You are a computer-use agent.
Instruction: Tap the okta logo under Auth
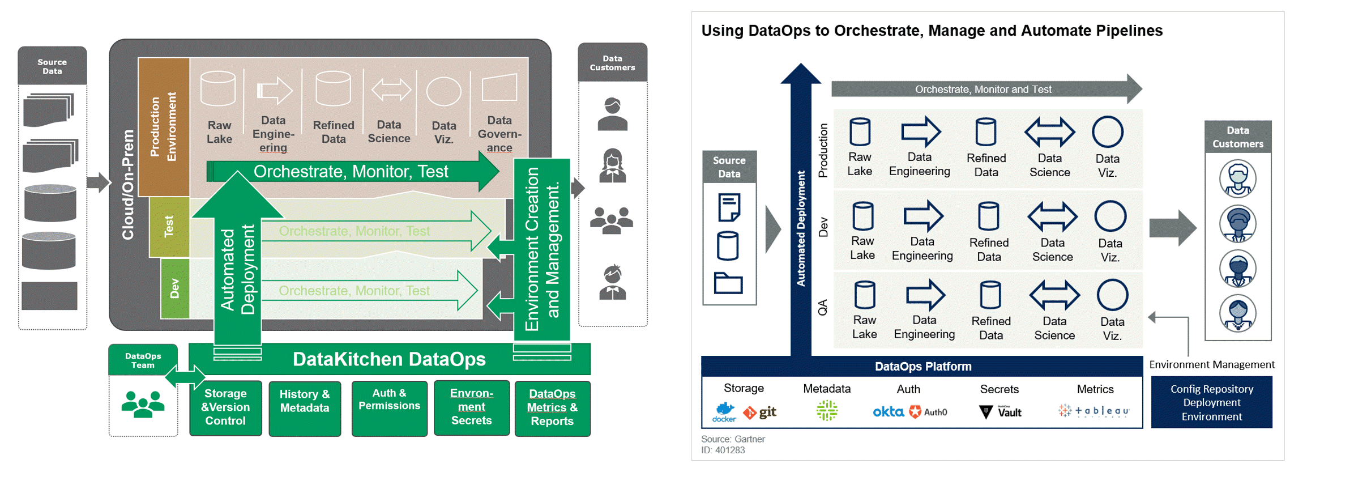click(887, 412)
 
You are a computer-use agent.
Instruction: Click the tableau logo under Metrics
click(1094, 411)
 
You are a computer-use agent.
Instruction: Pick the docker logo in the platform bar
click(724, 412)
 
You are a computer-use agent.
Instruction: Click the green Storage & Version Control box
click(225, 407)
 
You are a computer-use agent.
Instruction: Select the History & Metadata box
click(305, 407)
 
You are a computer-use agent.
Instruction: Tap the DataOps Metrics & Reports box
click(552, 407)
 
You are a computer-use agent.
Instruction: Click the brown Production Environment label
click(163, 127)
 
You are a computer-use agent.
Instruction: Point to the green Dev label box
click(174, 288)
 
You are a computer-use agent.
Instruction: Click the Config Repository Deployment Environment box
click(1211, 402)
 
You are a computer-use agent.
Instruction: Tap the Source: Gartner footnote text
click(733, 439)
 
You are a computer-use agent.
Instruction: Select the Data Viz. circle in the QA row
click(1112, 295)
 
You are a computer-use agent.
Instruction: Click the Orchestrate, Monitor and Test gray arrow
click(983, 89)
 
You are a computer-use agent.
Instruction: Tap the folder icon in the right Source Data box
click(728, 283)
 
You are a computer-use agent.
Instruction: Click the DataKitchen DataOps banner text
click(389, 359)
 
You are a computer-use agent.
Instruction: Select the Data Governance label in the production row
click(499, 134)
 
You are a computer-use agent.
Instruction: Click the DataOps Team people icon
click(143, 404)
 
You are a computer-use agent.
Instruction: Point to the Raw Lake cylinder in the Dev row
click(862, 216)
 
